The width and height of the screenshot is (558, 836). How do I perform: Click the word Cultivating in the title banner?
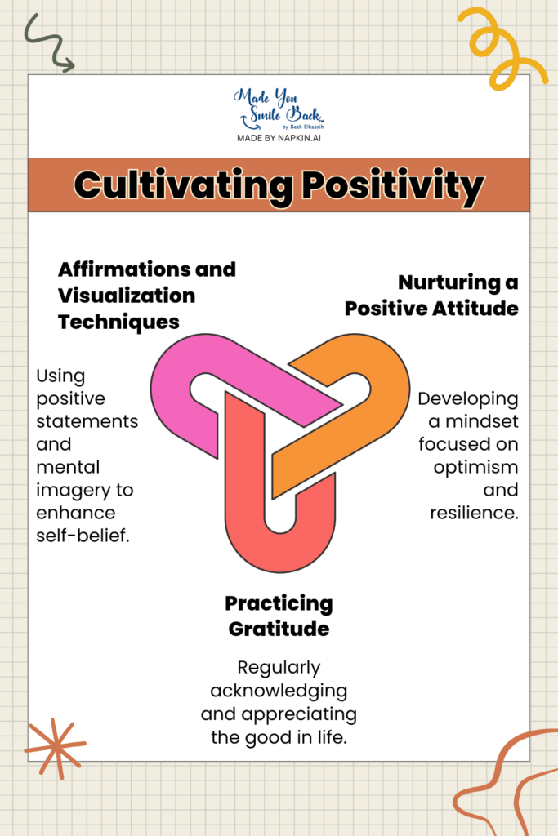pyautogui.click(x=184, y=185)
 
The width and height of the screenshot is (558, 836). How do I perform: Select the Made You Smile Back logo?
pyautogui.click(x=279, y=109)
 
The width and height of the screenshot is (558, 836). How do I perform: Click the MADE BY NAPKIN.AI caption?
pyautogui.click(x=279, y=138)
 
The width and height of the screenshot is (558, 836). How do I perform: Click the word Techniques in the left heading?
pyautogui.click(x=118, y=322)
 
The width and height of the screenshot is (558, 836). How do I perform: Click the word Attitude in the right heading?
pyautogui.click(x=475, y=308)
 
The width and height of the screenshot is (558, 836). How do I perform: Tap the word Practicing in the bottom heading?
pyautogui.click(x=279, y=604)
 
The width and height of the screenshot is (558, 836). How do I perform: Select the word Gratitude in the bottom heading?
pyautogui.click(x=279, y=629)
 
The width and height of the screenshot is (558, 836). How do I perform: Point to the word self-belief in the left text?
pyautogui.click(x=83, y=536)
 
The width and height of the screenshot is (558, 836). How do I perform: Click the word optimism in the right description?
pyautogui.click(x=475, y=468)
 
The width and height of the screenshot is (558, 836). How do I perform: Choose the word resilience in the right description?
pyautogui.click(x=474, y=513)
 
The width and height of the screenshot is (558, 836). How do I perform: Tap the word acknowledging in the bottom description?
pyautogui.click(x=279, y=691)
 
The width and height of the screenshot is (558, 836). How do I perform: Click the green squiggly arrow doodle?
pyautogui.click(x=49, y=43)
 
